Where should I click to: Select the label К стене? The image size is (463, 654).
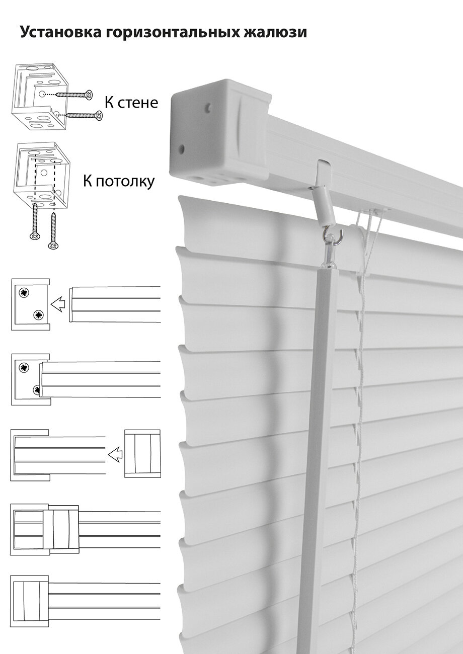(131, 103)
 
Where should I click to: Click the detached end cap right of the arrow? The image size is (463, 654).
(142, 452)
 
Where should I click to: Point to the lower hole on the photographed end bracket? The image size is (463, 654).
(182, 149)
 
